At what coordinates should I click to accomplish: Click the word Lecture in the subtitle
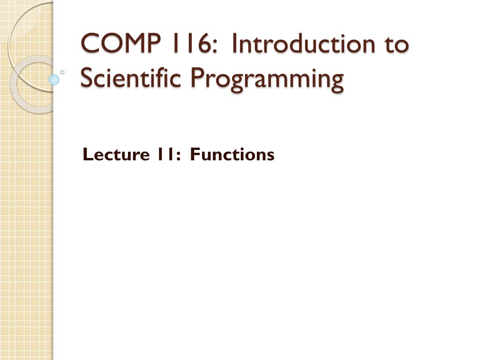(x=111, y=154)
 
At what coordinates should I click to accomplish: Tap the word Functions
(x=232, y=154)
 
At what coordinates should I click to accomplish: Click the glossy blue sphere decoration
(x=54, y=79)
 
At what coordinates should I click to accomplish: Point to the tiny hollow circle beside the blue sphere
(x=62, y=73)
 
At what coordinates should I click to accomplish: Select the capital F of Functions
(x=195, y=154)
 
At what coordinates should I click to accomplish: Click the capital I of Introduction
(x=234, y=45)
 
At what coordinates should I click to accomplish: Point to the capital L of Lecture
(x=87, y=154)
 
